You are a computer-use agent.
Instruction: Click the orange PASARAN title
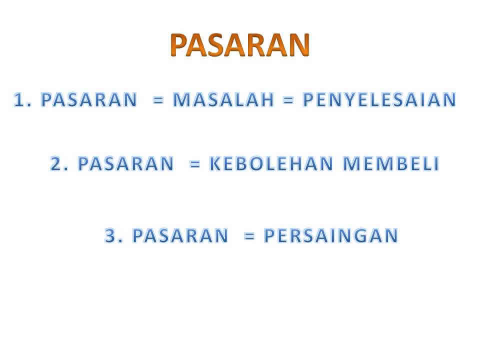point(240,45)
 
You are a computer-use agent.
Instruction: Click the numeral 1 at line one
point(19,100)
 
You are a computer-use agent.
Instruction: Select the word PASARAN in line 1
point(89,100)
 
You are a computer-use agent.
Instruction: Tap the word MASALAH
point(223,100)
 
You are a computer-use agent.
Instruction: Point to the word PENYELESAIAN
point(379,100)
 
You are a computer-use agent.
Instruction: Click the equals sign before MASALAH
point(158,100)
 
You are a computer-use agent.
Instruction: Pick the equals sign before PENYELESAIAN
point(288,100)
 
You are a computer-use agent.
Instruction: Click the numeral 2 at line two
point(56,163)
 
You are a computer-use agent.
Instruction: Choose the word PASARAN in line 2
point(126,163)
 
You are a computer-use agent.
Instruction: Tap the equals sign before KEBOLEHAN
point(195,164)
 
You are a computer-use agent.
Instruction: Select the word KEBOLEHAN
point(271,163)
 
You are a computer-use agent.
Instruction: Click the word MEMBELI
point(391,163)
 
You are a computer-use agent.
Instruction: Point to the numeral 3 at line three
point(110,235)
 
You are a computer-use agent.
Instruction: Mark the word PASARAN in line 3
point(180,235)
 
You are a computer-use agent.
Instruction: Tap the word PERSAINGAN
point(331,235)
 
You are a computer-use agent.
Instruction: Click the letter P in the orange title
point(178,45)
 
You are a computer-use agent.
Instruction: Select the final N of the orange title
point(299,45)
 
